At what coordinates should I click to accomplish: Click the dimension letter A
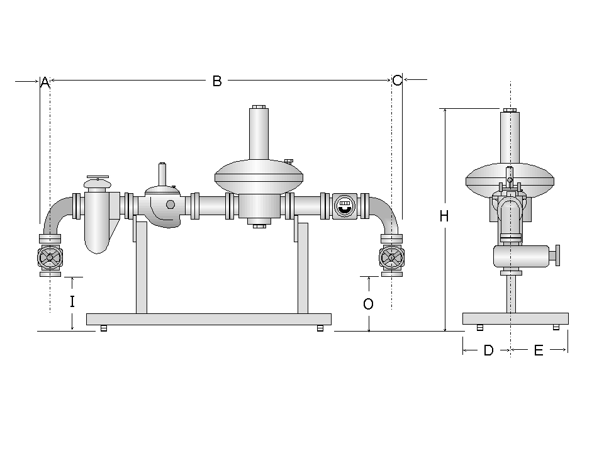44,82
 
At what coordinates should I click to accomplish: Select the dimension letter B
217,81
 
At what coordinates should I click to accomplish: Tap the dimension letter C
397,81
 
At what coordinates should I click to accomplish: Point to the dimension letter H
444,216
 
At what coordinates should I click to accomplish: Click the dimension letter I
72,302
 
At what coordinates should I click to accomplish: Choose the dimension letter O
369,305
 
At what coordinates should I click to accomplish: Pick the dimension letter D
488,351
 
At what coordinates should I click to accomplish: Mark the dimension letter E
539,351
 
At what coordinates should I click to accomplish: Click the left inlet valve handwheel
50,257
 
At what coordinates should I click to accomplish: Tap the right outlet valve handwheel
391,257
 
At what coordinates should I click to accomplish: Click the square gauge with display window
344,205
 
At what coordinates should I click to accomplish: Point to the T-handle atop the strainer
98,178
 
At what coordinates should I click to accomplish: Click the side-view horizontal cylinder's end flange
557,256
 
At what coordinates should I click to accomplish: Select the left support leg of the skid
142,271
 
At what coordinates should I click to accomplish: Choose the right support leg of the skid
303,271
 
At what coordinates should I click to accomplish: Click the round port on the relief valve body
170,204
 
